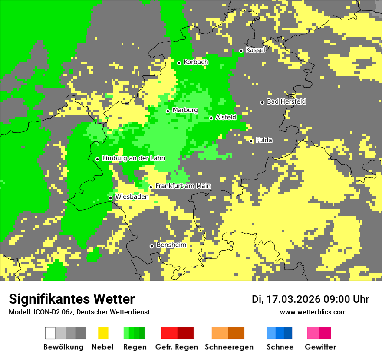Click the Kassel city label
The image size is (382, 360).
tap(255, 50)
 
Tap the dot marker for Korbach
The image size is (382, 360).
tap(179, 63)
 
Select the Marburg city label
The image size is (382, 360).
tap(185, 110)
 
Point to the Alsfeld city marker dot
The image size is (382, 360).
tap(211, 118)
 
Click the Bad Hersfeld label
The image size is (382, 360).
tap(286, 101)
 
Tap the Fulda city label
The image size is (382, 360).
tap(264, 140)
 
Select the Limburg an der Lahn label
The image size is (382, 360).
tap(134, 158)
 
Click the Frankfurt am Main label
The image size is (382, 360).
tap(183, 186)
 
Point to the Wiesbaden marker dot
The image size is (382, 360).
tap(111, 198)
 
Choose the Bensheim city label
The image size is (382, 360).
tap(171, 245)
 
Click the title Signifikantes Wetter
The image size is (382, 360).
tap(72, 299)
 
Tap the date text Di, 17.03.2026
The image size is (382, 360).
tap(286, 299)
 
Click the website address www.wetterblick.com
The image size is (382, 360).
tap(313, 312)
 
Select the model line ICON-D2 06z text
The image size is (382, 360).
tap(79, 312)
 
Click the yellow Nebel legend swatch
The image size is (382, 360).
tap(103, 333)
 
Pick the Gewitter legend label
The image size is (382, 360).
tap(320, 347)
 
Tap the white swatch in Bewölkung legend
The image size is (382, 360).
tap(50, 333)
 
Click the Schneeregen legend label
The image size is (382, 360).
tap(229, 347)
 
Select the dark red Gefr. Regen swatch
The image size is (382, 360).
tap(185, 333)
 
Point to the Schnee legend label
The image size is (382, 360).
tap(280, 347)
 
